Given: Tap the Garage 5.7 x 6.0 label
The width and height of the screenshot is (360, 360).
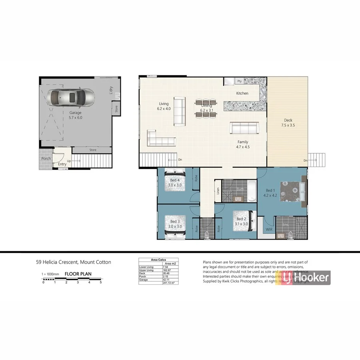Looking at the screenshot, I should tap(75, 115).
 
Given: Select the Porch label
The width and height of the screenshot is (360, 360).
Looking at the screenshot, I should tap(46, 158).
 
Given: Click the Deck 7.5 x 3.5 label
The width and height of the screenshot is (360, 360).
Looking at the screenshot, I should tap(288, 122).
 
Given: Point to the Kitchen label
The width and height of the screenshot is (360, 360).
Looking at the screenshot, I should tap(242, 93).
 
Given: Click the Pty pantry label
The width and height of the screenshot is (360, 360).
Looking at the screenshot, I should tap(240, 81).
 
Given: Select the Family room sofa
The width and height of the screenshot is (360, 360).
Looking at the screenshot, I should tap(243, 128).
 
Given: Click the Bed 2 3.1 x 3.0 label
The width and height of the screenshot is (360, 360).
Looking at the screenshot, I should tap(242, 222).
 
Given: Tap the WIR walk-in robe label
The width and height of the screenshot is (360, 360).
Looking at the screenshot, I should tap(269, 230).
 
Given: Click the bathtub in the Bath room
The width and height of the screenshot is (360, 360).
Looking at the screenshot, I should tap(251, 191).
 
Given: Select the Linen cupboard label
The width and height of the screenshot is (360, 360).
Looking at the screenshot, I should tap(218, 191).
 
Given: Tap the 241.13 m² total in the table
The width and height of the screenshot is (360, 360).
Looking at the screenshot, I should tap(169, 283).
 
